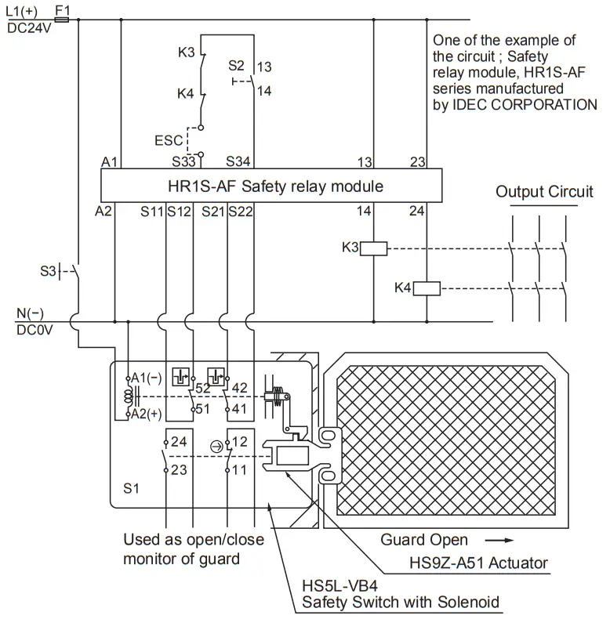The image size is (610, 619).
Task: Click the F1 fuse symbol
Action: click(63, 20)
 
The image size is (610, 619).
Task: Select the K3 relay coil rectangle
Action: click(374, 248)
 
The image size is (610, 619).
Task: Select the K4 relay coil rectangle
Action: click(427, 288)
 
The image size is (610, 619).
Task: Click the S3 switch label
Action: click(48, 271)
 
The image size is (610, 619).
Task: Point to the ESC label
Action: click(169, 141)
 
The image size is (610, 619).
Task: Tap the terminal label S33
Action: click(185, 162)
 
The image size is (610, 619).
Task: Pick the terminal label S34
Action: click(239, 162)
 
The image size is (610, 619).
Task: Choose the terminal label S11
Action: click(152, 211)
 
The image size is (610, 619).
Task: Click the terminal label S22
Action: click(241, 211)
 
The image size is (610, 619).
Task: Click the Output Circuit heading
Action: click(544, 191)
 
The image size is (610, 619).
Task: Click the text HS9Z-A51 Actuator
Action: click(478, 563)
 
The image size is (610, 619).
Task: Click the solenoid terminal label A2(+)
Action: click(147, 414)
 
